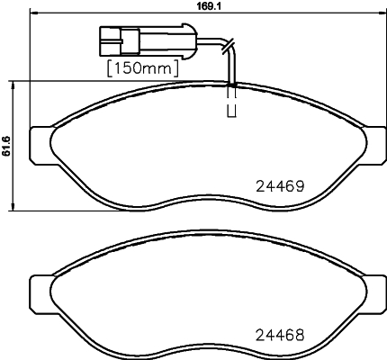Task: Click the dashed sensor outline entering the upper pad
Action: click(x=230, y=101)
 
